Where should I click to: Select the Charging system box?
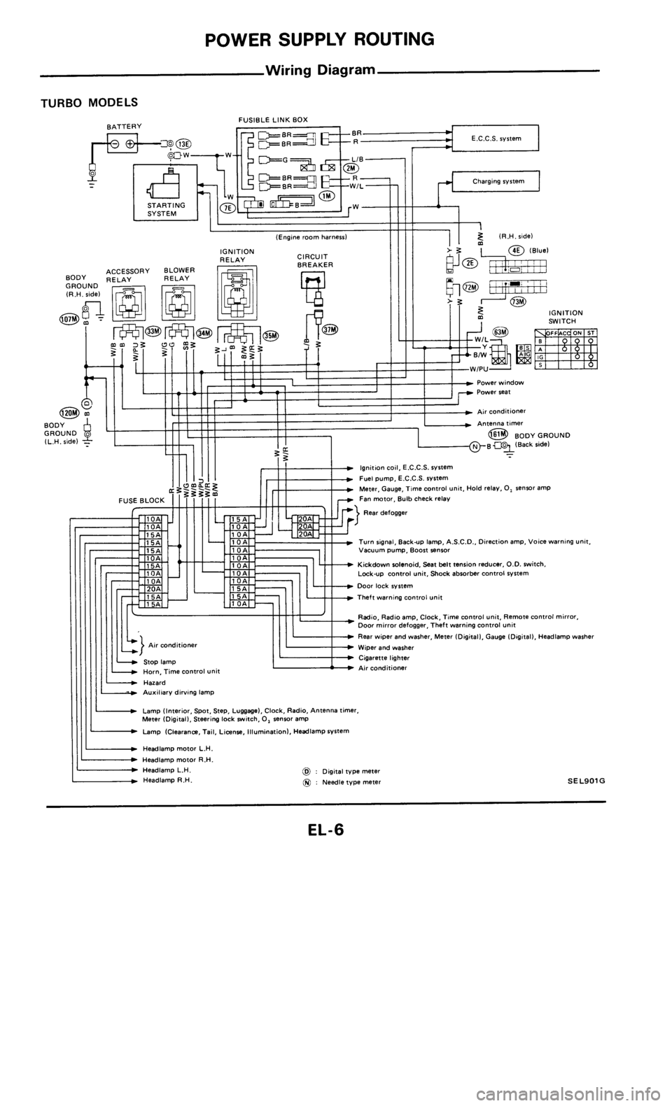point(494,182)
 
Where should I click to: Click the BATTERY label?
point(124,125)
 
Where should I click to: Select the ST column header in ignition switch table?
point(591,332)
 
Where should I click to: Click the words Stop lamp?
point(159,660)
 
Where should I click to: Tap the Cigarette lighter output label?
point(384,658)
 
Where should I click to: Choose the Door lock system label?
point(385,586)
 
